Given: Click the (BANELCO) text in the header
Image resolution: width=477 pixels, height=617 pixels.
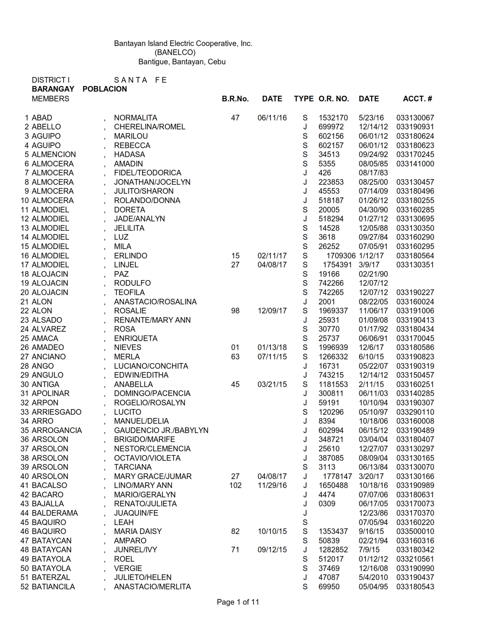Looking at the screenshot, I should (175, 52).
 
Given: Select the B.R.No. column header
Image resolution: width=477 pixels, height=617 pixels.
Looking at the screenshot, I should (235, 99).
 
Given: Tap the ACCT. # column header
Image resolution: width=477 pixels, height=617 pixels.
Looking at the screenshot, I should (417, 99).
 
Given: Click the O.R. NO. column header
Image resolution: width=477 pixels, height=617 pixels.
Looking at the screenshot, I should (333, 99).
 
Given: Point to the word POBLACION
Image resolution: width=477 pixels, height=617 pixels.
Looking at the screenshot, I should (105, 89).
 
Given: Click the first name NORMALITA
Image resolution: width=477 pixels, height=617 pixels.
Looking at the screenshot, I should (135, 118).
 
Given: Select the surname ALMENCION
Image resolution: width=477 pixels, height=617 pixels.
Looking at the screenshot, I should (53, 154).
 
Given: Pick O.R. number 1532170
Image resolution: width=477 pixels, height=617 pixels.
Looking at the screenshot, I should (333, 118).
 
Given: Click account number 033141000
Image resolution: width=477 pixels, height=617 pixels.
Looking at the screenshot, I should (415, 164).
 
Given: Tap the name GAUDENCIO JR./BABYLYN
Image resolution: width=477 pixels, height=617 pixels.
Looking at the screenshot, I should (161, 430).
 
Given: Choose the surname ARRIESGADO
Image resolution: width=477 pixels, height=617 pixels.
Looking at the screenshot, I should (56, 412).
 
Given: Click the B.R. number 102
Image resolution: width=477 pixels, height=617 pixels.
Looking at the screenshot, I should (235, 485).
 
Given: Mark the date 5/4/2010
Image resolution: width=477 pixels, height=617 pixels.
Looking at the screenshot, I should (373, 577).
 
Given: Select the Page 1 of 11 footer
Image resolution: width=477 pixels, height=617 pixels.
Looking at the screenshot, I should (238, 602).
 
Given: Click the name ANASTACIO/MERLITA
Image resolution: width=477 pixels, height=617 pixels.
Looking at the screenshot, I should (152, 587).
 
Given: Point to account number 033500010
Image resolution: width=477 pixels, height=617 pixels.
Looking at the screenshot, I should (415, 531).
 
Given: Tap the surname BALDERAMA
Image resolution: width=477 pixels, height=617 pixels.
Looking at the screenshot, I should (55, 513).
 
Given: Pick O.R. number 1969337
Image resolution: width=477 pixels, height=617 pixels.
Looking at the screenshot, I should (333, 311).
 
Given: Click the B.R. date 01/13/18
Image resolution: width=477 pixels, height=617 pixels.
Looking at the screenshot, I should (272, 347).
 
